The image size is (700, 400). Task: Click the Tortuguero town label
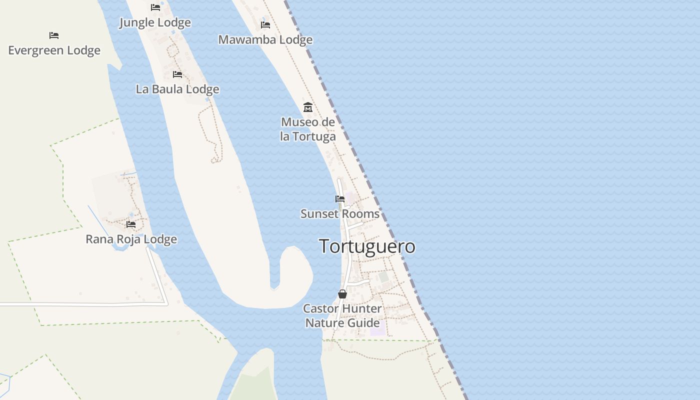(x=367, y=246)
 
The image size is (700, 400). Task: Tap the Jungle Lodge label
(x=155, y=22)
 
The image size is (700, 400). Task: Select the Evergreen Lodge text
(x=54, y=50)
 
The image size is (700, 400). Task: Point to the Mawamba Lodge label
(x=265, y=39)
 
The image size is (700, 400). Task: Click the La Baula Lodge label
(x=177, y=89)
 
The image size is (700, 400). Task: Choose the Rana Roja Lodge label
(x=131, y=239)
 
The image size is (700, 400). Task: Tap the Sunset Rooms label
(x=340, y=214)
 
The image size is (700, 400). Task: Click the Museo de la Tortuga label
(x=308, y=129)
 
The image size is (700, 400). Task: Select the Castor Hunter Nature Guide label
(x=342, y=315)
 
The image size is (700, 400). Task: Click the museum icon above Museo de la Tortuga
(x=308, y=107)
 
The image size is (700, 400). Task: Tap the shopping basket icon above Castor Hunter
(x=342, y=294)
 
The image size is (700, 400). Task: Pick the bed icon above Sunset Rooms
(x=340, y=199)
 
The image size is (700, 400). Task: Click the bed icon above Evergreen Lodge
(x=54, y=35)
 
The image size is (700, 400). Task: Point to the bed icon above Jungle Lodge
(x=155, y=7)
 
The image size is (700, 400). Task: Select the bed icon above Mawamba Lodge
(x=265, y=24)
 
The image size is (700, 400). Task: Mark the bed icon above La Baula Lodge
(x=177, y=74)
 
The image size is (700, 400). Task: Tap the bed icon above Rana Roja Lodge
(x=131, y=224)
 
